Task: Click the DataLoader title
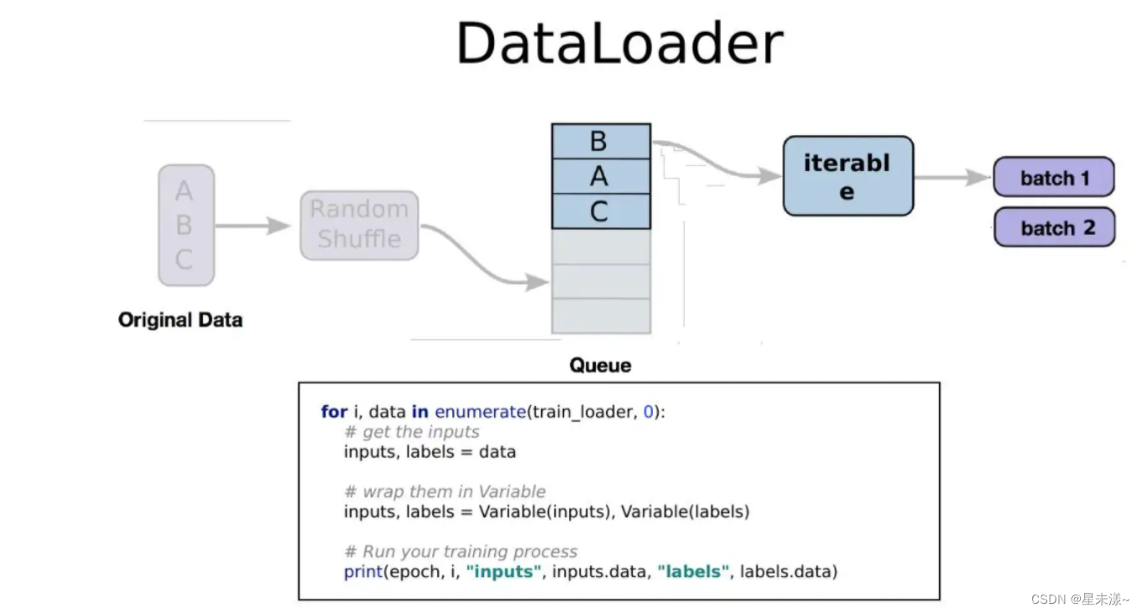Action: point(619,44)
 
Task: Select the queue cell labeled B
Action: point(600,141)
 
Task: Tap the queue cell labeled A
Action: point(600,176)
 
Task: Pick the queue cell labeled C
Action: point(600,211)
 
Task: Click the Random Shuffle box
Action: point(359,225)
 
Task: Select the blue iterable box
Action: point(847,176)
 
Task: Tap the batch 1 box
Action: point(1054,178)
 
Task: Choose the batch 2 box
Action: point(1054,227)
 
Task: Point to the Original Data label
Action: point(180,319)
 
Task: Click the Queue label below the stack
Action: point(600,365)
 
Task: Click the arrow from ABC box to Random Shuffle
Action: point(253,225)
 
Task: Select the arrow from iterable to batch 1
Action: point(952,178)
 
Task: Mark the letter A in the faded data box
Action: point(184,191)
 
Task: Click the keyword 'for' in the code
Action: point(334,412)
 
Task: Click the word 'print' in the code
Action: point(362,572)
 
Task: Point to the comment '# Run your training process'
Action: point(461,552)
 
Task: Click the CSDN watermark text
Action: point(1079,600)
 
